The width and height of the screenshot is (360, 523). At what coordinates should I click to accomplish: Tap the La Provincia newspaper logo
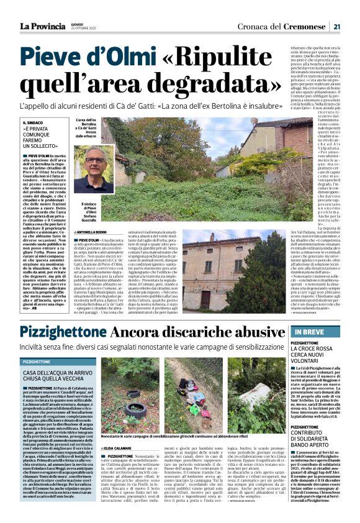click(42, 27)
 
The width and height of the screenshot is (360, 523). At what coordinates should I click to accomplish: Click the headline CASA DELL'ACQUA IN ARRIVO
click(54, 371)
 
